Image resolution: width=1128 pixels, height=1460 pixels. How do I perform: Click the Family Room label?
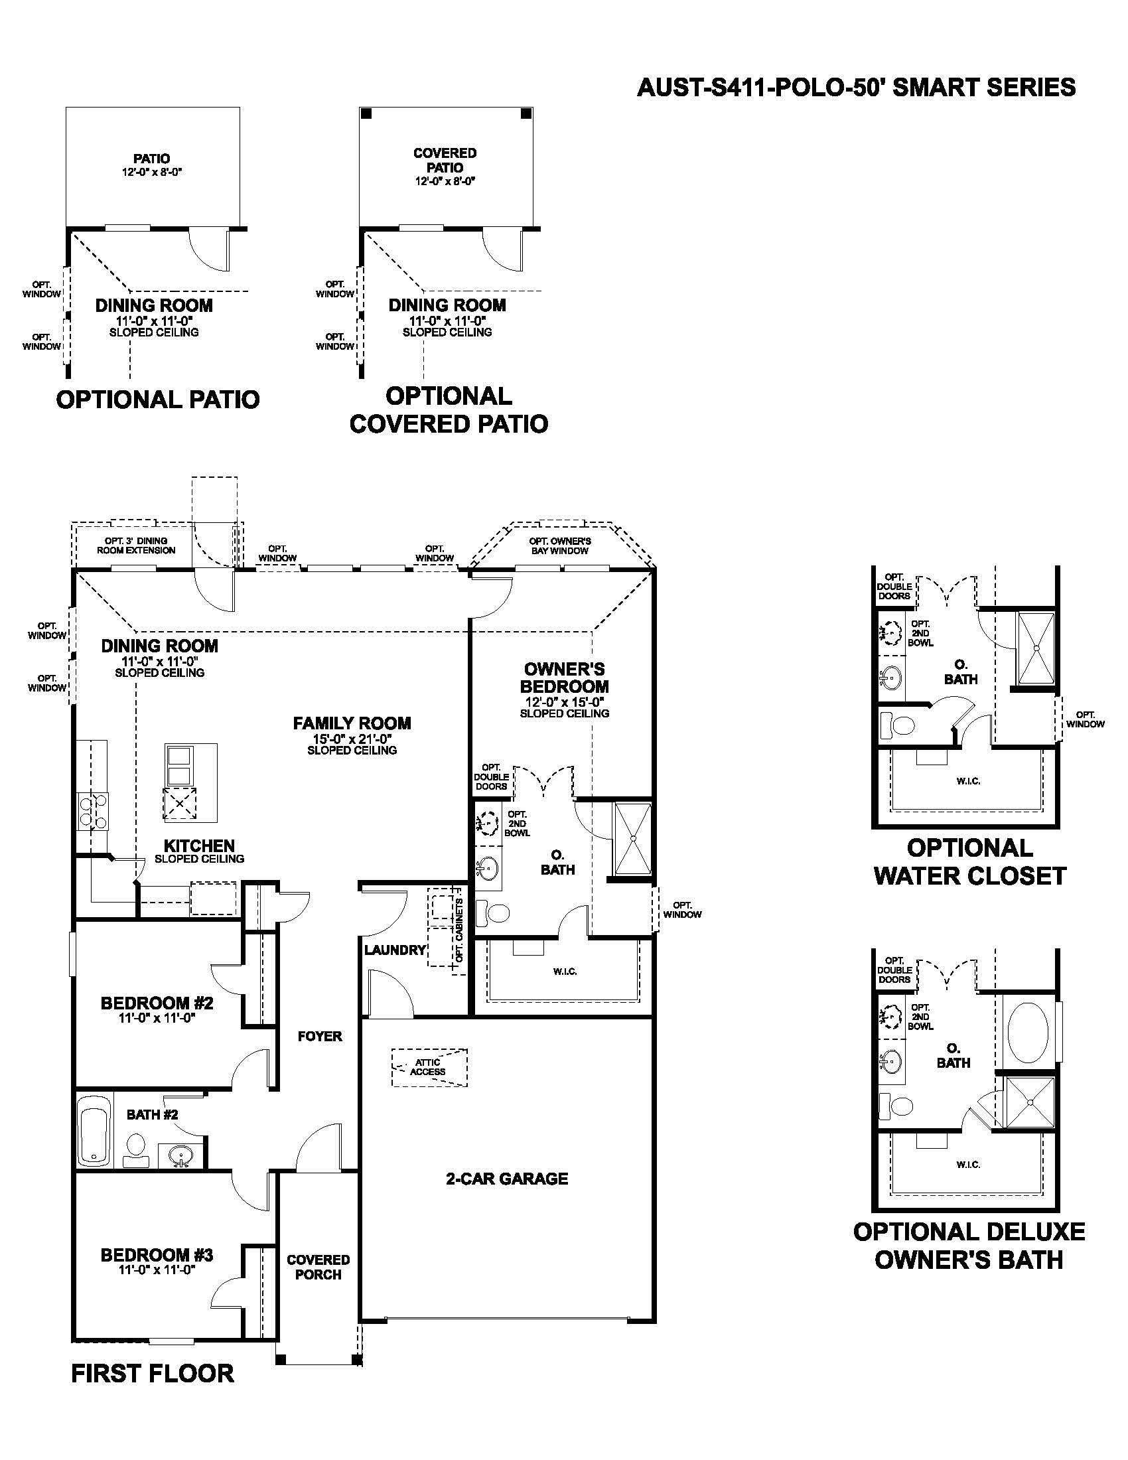352,723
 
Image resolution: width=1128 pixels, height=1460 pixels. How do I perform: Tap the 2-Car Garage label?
506,1179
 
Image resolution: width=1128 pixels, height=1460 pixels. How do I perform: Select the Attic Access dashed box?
429,1068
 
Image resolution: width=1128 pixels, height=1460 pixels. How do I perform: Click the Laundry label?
395,949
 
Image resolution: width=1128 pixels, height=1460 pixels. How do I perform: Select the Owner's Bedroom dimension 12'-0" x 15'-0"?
564,702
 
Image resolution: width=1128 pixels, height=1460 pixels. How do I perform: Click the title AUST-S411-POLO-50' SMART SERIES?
856,88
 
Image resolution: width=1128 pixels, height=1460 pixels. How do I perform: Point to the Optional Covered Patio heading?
449,409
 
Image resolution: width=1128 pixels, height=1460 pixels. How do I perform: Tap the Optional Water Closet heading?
969,861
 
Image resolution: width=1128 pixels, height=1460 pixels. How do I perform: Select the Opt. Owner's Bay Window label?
560,546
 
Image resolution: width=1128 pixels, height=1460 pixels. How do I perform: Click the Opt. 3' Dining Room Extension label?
135,546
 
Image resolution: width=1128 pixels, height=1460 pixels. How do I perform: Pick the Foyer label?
319,1036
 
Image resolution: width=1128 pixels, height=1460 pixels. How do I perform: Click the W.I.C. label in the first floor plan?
565,971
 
